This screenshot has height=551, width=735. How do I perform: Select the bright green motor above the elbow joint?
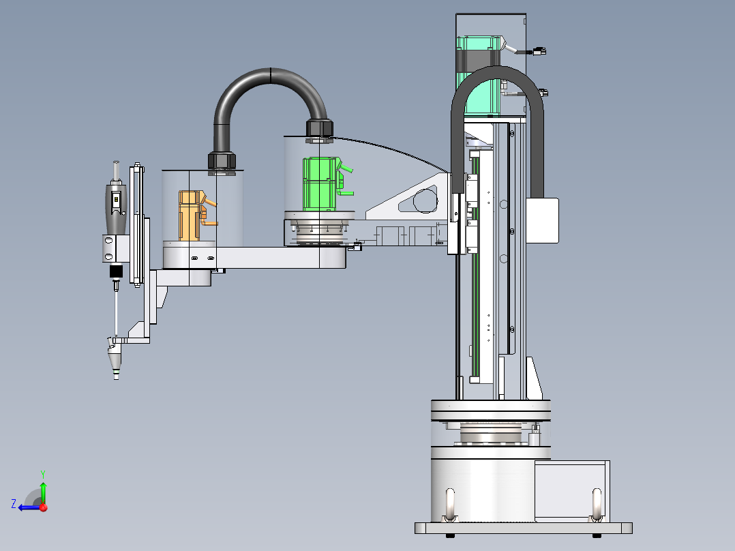(321, 184)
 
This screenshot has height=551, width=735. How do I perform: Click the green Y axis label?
(43, 474)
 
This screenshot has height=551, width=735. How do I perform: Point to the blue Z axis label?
(14, 504)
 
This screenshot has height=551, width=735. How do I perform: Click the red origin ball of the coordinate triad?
(44, 507)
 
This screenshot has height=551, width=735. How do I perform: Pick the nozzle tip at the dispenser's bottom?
(116, 376)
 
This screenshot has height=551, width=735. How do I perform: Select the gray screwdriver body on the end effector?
(116, 209)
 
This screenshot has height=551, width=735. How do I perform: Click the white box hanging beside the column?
(542, 220)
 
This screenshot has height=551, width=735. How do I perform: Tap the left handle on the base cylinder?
(450, 504)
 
